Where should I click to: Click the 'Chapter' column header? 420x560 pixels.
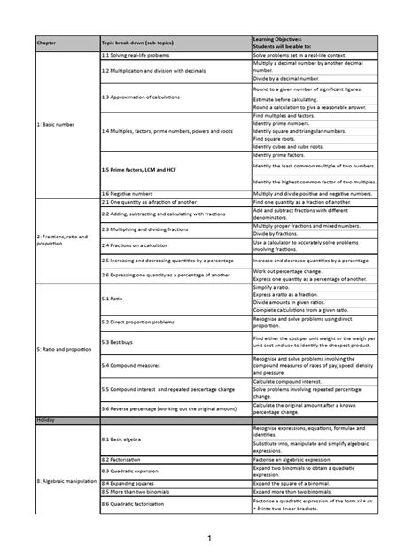tap(46, 43)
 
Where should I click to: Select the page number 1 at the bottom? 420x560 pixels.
tap(210, 538)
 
